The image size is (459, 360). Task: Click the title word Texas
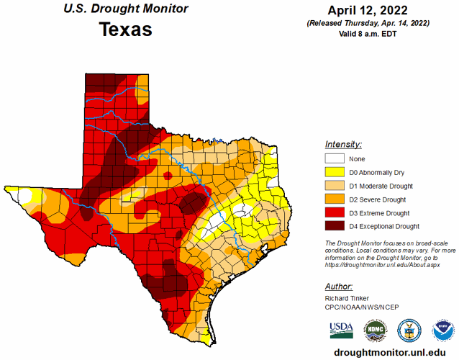(x=126, y=30)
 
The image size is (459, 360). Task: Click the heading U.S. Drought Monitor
(x=125, y=9)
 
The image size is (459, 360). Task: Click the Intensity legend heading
(x=343, y=144)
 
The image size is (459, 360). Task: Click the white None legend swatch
(x=335, y=159)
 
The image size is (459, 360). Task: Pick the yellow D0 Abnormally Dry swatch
(x=335, y=173)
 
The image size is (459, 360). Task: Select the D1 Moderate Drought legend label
(x=380, y=186)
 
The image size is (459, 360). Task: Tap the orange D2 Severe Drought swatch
(x=335, y=200)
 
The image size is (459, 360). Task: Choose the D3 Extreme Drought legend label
(x=379, y=213)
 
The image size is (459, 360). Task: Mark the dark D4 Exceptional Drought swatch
(x=335, y=227)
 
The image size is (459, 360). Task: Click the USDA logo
(x=341, y=330)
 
